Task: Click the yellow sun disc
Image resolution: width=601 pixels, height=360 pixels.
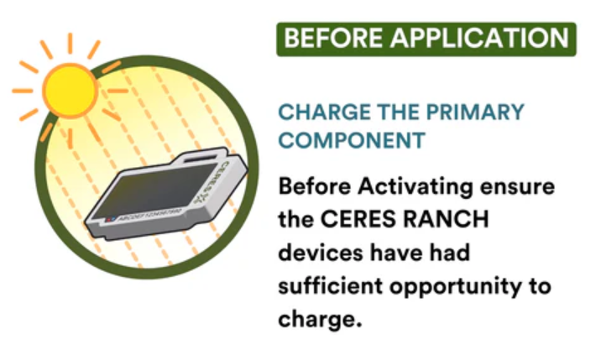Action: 71,91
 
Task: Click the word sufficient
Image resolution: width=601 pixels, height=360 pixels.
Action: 331,286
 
